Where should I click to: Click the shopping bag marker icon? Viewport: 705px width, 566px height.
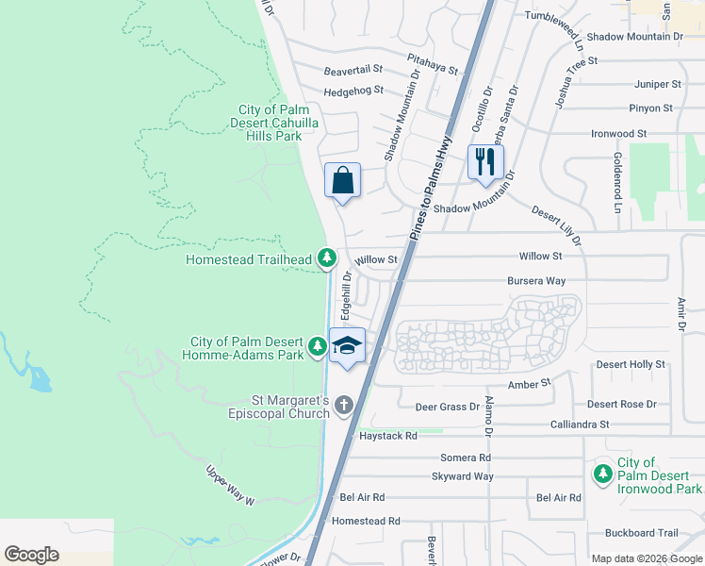coord(343,179)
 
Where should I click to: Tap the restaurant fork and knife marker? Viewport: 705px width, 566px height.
coord(485,161)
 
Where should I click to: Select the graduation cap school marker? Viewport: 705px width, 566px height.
coord(348,345)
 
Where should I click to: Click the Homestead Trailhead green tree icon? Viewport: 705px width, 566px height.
coord(326,257)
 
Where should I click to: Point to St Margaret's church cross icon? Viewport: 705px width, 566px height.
coord(344,406)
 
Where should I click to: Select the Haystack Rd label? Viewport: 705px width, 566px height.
coord(387,436)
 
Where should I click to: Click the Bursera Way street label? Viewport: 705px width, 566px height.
coord(535,281)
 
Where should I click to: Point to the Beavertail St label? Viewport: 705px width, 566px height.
coord(353,70)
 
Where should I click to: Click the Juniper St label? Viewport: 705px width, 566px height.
coord(657,84)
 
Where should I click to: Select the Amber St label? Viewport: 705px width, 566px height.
coord(529,384)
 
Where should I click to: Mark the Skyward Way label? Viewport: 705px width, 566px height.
coord(463,476)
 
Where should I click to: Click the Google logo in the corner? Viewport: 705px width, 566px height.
coord(31,555)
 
